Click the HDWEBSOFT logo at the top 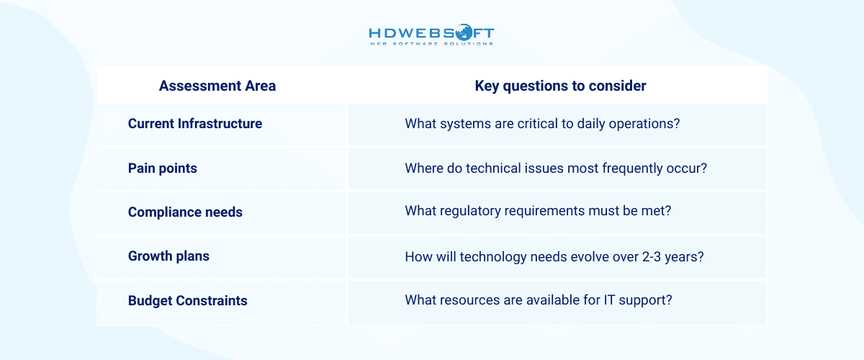[x=431, y=33]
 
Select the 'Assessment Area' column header [x=217, y=86]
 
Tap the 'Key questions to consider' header [x=560, y=86]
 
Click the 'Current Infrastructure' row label [x=195, y=124]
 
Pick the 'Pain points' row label [x=163, y=168]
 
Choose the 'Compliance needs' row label [x=185, y=212]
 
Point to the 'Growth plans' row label [x=168, y=256]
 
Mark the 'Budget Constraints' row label [x=188, y=301]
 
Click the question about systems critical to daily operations [x=542, y=124]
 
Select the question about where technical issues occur [x=556, y=168]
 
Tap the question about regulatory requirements [x=538, y=212]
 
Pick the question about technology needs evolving [x=554, y=256]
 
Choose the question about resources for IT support [x=539, y=301]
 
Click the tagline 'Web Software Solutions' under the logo [x=431, y=44]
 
